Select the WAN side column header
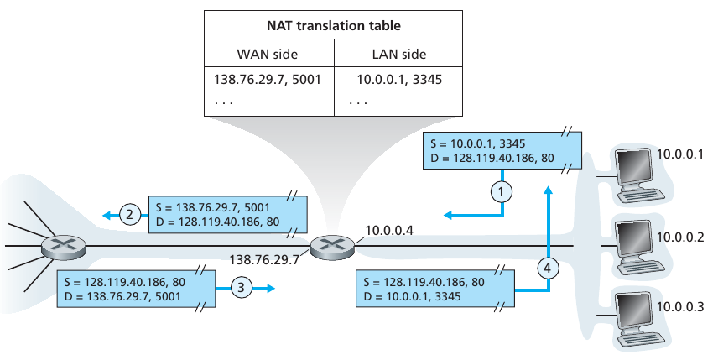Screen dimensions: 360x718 (x=269, y=55)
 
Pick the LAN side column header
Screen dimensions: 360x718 (x=398, y=55)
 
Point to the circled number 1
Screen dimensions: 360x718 (x=502, y=191)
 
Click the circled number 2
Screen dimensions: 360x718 (x=128, y=215)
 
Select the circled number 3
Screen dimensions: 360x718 (x=241, y=287)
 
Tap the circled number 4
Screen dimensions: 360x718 (x=548, y=269)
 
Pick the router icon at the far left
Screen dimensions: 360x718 (x=64, y=246)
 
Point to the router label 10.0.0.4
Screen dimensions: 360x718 (x=389, y=230)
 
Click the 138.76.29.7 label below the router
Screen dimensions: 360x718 (x=265, y=259)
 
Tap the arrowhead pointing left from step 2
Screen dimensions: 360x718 (x=107, y=215)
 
